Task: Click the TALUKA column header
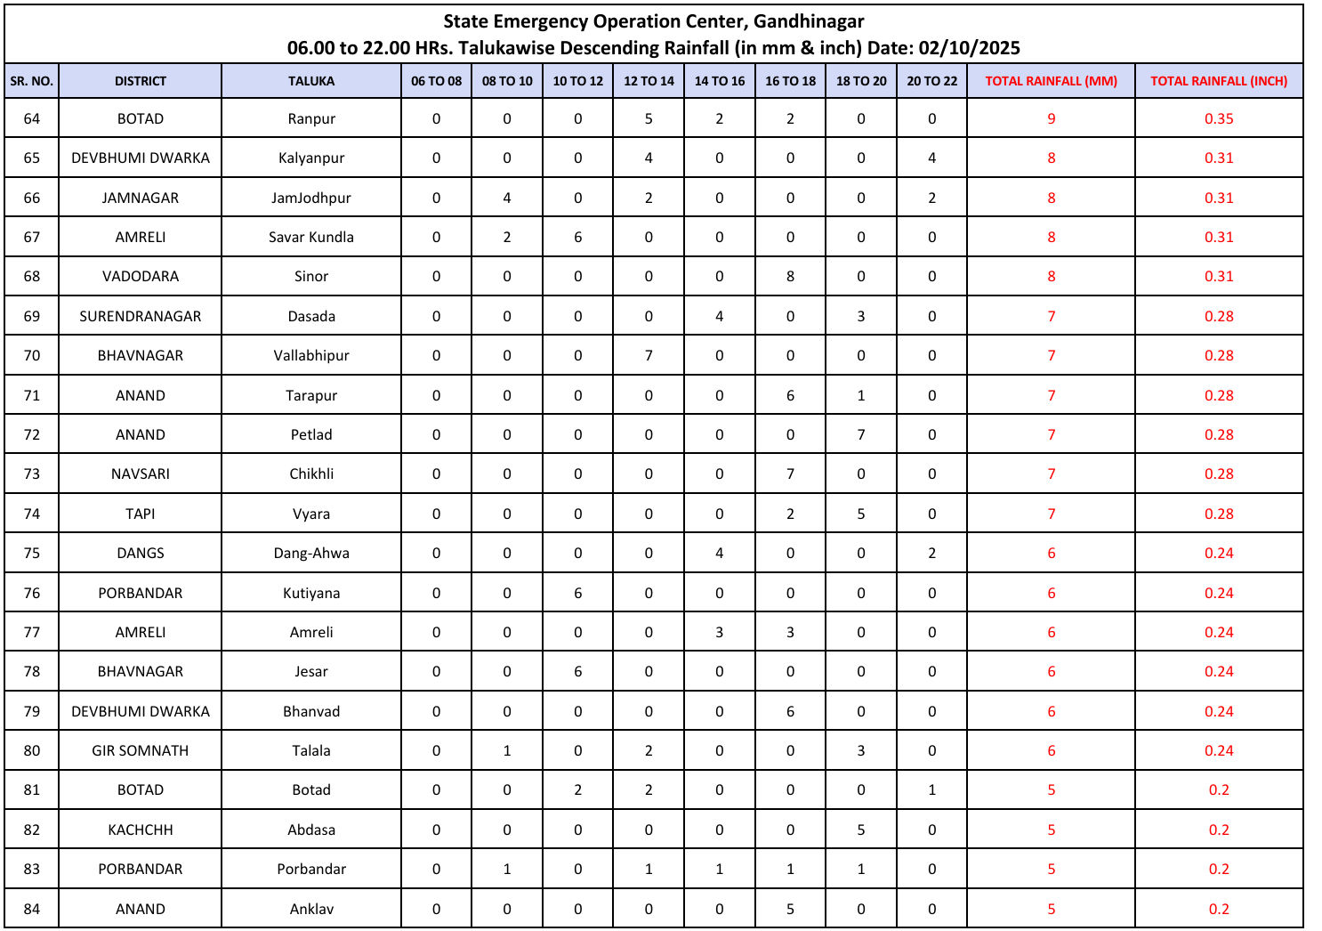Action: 311,81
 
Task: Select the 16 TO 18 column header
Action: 790,81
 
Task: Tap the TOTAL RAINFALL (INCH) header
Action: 1218,81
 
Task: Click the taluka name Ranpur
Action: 311,118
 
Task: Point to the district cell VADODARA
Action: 141,276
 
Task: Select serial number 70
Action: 32,355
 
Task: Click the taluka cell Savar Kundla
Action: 311,237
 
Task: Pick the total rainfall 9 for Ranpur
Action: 1051,118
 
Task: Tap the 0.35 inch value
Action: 1218,118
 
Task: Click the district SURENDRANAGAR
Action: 141,316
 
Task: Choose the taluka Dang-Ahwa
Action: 311,553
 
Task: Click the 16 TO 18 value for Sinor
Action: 790,276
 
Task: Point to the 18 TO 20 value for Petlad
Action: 860,434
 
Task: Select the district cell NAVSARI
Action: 141,474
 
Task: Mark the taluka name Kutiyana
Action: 311,593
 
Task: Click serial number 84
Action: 32,909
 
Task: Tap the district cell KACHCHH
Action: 141,830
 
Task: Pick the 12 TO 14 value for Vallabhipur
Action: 649,355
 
